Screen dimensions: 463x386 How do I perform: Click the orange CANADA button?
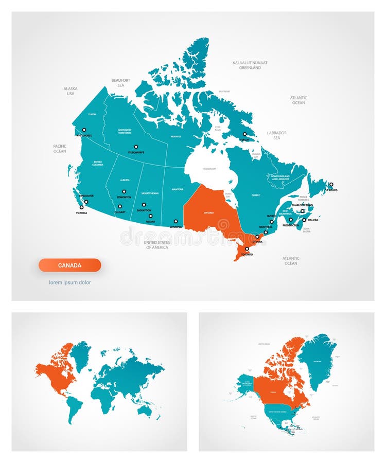click(69, 265)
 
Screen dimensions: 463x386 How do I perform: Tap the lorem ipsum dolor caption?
click(70, 282)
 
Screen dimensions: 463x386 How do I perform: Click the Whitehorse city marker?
click(84, 130)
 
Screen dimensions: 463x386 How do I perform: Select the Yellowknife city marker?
click(136, 147)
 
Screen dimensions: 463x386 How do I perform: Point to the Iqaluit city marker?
click(244, 134)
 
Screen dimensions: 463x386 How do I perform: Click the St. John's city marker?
click(331, 184)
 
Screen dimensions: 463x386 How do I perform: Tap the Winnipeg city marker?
click(176, 221)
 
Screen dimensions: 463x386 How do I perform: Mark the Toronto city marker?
click(247, 249)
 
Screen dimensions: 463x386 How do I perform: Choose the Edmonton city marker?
click(124, 191)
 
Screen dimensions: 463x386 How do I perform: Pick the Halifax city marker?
click(304, 220)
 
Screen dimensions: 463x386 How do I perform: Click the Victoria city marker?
click(81, 207)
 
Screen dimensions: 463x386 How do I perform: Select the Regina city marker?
click(150, 216)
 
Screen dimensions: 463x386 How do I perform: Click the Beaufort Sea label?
click(121, 83)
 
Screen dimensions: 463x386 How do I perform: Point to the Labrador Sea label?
click(277, 135)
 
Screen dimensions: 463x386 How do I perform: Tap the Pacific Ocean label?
click(60, 149)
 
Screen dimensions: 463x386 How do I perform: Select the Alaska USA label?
click(71, 91)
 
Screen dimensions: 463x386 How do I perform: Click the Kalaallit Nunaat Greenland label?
click(250, 65)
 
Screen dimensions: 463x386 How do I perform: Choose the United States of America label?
click(157, 245)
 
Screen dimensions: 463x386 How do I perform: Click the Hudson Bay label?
click(209, 169)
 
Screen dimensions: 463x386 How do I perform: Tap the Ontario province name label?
click(209, 212)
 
